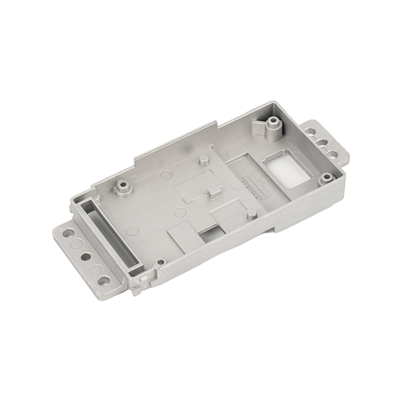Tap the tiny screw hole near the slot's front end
[x=160, y=262]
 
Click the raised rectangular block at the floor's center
[x=214, y=192]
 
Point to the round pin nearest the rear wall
[x=204, y=160]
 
